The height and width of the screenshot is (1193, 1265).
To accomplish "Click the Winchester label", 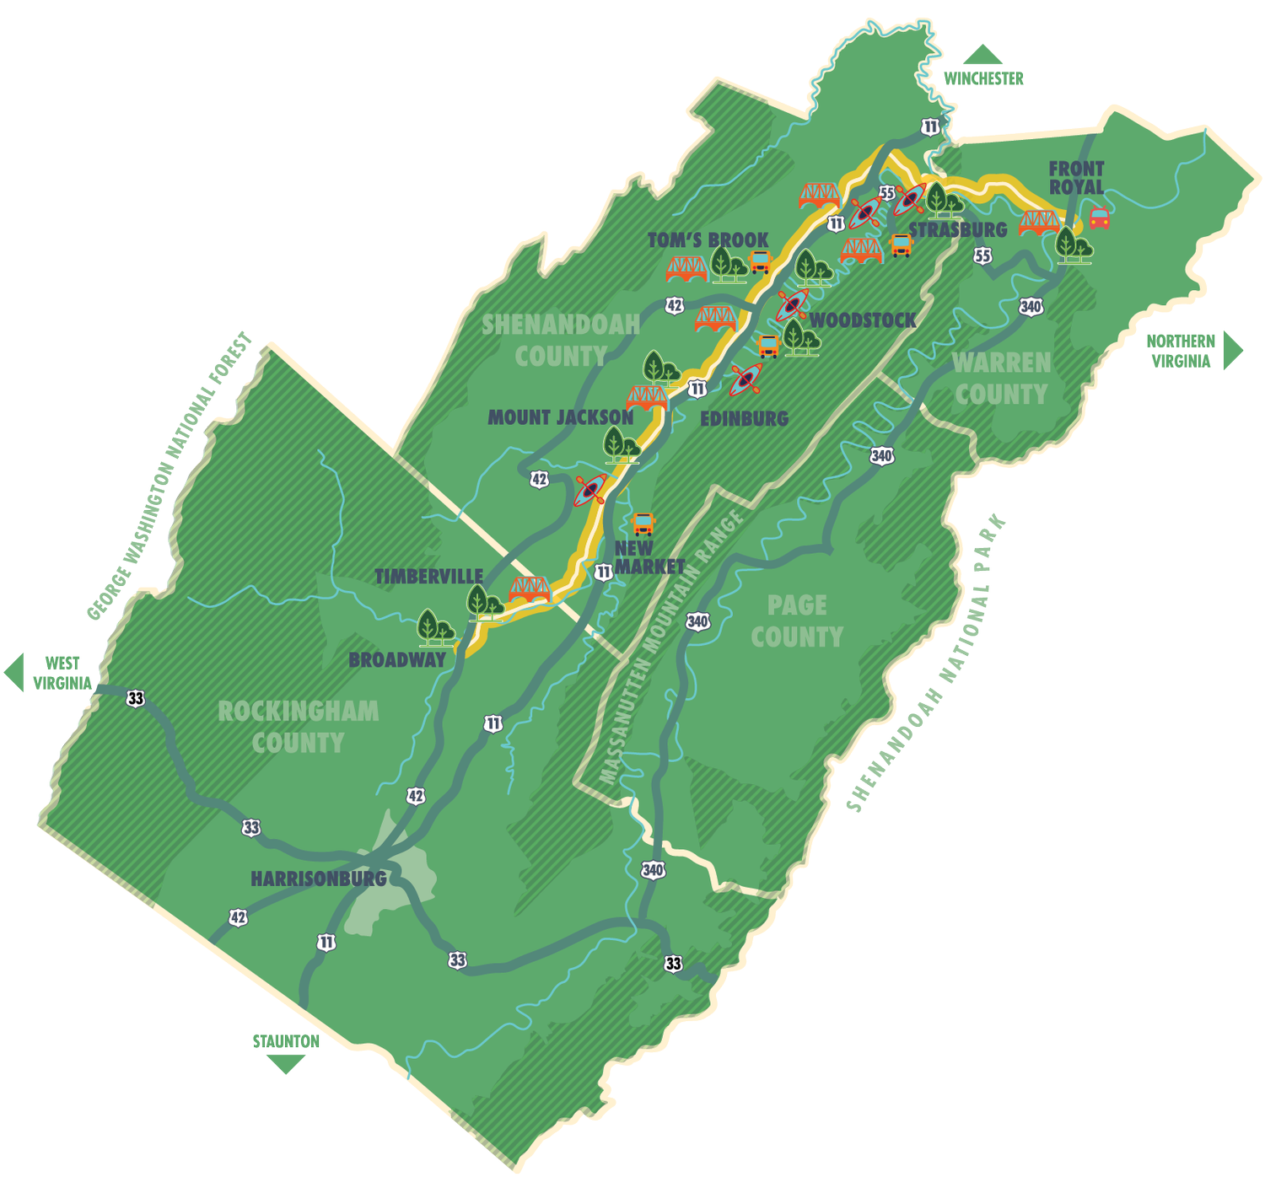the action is (x=983, y=79).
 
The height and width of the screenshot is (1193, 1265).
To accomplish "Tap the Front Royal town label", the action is (x=1076, y=178).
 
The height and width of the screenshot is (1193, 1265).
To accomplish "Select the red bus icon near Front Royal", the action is (x=1099, y=218).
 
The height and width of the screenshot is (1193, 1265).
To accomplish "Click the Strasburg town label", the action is (x=958, y=229).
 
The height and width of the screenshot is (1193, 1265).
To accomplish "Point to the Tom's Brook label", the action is (x=708, y=240).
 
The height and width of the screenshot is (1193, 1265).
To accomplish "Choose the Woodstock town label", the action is (x=863, y=320).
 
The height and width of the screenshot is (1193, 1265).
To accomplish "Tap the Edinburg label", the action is (x=745, y=418).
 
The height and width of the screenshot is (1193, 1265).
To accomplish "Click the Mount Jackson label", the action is (x=561, y=417).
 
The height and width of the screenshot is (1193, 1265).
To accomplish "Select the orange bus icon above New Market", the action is (x=643, y=524).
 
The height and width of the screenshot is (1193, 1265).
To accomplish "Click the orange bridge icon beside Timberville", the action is (x=530, y=589).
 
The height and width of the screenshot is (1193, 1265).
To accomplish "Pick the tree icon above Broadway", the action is (x=436, y=627).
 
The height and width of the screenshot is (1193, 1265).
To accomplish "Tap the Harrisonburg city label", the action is (x=319, y=879).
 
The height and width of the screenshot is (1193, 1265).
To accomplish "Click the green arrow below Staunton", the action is (x=286, y=1064).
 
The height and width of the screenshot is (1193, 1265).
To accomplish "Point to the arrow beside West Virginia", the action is (x=13, y=672).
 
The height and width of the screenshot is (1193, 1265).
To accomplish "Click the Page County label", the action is (x=797, y=621).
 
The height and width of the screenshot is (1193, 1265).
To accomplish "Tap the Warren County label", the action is (x=1002, y=379).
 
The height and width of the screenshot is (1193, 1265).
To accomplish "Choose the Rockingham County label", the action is (x=298, y=727).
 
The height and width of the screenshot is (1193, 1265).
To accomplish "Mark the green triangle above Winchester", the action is (x=982, y=55).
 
